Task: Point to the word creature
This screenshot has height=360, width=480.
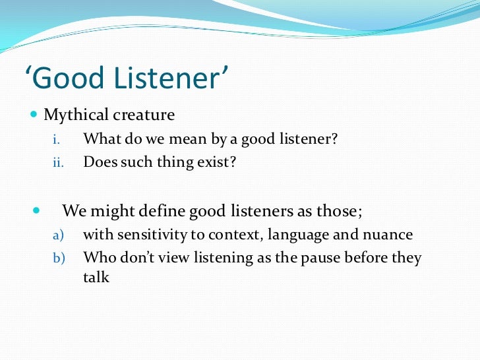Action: coord(143,115)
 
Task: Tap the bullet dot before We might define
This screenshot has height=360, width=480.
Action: coord(36,212)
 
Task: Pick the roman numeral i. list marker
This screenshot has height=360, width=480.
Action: coord(56,140)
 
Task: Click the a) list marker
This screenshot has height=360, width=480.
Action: coord(57,235)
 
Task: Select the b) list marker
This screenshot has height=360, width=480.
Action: coord(57,258)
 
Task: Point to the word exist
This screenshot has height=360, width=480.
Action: coord(219,162)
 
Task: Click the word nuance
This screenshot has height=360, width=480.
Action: coord(389,235)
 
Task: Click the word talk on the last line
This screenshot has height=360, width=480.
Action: coord(96,277)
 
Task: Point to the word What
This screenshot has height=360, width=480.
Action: coord(99,139)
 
